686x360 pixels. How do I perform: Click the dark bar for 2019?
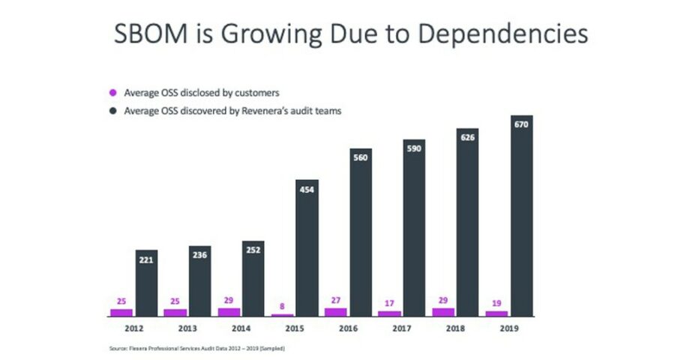[x=522, y=225]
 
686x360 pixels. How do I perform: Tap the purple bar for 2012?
[x=121, y=312]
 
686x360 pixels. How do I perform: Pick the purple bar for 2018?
[x=443, y=311]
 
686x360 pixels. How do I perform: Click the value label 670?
[x=522, y=124]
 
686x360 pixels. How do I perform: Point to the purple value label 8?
[x=282, y=306]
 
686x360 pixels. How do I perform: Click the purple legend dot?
[x=114, y=93]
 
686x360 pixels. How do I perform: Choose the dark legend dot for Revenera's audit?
[x=114, y=111]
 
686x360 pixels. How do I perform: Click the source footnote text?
[x=197, y=349]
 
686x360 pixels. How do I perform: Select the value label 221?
[x=147, y=260]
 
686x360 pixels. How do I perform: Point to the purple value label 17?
[x=390, y=303]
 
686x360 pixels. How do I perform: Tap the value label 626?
[x=468, y=138]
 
